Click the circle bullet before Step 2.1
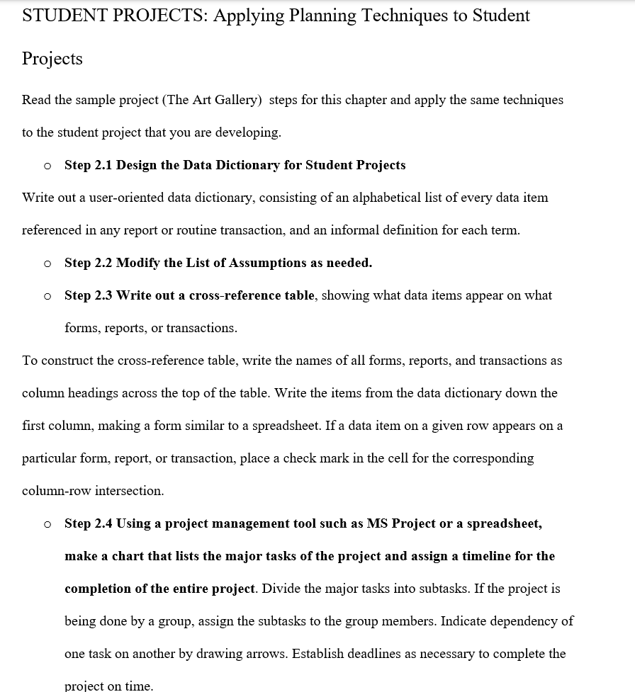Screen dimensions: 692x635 tap(47, 166)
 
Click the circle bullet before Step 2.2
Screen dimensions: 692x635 tap(47, 263)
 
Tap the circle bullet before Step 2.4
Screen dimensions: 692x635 tap(47, 524)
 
